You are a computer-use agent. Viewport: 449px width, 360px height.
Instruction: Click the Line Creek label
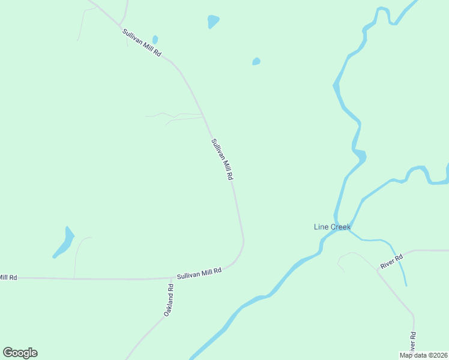[x=332, y=227]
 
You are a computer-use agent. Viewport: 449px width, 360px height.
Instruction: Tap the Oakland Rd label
[x=169, y=300]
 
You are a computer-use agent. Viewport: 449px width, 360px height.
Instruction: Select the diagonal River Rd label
[x=391, y=262]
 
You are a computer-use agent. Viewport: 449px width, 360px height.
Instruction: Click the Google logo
[x=20, y=353]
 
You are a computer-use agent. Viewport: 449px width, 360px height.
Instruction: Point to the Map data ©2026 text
[x=424, y=355]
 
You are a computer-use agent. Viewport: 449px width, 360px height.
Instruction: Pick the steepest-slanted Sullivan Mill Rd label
[x=221, y=160]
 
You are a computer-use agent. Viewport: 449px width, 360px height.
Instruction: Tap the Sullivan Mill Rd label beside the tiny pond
[x=142, y=43]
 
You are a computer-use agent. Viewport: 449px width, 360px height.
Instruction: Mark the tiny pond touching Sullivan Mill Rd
[x=155, y=40]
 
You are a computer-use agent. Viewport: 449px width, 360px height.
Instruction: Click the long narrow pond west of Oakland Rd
[x=63, y=243]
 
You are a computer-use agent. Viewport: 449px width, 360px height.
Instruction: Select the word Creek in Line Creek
[x=340, y=227]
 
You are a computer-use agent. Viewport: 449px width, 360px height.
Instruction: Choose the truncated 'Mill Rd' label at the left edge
[x=8, y=277]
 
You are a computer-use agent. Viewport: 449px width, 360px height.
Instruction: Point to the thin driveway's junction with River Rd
[x=378, y=271]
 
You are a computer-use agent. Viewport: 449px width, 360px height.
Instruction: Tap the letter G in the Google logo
[x=8, y=353]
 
